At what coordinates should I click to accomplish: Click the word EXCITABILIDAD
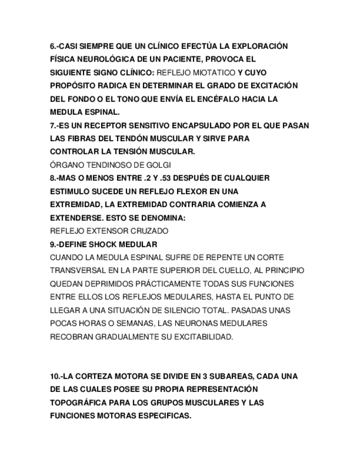coord(203,336)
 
